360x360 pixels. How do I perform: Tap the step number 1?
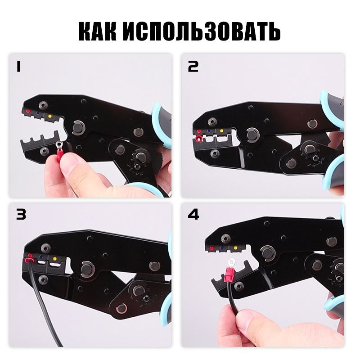tap(18, 67)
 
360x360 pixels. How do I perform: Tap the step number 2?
tap(193, 67)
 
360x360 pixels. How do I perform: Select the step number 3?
tap(21, 215)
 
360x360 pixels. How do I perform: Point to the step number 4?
tap(193, 215)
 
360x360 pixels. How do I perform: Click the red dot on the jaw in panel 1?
tap(28, 111)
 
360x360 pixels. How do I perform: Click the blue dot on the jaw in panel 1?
tap(38, 113)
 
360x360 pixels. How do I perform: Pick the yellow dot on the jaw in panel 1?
tap(49, 116)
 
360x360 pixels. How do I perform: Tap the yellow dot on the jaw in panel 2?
tap(221, 131)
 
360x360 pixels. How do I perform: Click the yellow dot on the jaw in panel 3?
tap(54, 259)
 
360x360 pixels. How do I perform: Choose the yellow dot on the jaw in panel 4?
tap(235, 248)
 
